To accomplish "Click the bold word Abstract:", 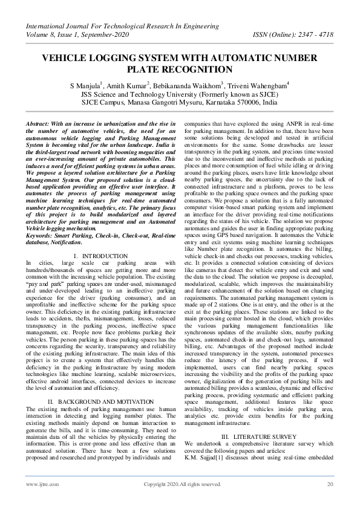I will tap(39, 123).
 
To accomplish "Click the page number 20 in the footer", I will tap(330, 484).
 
